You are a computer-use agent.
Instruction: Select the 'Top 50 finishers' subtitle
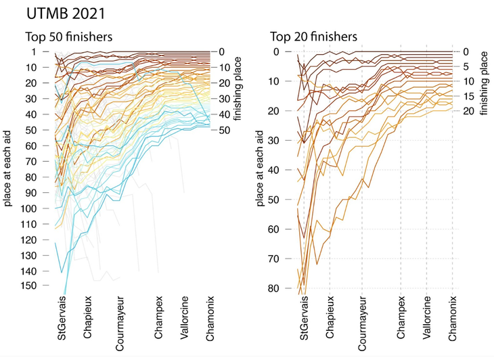68,37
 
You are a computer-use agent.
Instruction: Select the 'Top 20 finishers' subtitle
313,37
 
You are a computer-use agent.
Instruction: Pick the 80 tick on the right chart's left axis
273,289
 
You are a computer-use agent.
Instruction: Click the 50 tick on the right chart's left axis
273,200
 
